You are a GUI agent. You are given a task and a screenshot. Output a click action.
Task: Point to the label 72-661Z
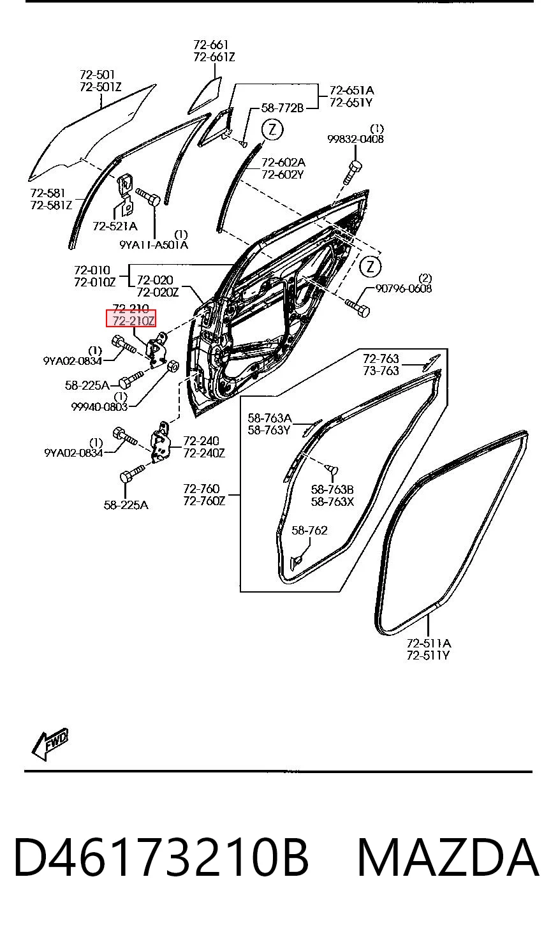click(214, 57)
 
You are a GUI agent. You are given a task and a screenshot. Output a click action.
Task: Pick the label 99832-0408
click(355, 139)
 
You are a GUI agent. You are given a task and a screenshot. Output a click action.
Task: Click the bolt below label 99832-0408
click(351, 172)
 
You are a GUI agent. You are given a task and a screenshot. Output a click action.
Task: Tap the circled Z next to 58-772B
click(272, 129)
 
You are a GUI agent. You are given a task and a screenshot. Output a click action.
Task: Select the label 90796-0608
click(404, 288)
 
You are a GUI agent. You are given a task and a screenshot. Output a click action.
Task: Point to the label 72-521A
click(115, 226)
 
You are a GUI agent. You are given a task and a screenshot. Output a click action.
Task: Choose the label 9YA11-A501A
click(154, 245)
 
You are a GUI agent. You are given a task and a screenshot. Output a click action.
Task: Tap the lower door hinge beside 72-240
click(161, 442)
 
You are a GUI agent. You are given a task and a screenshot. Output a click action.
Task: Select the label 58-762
click(309, 530)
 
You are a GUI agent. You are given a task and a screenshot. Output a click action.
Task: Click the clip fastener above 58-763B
click(332, 469)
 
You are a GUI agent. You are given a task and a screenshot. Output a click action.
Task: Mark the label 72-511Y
click(428, 656)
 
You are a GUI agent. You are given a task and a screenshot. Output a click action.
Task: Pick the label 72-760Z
click(204, 501)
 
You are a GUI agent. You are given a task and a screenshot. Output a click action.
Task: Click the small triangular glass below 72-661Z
click(205, 96)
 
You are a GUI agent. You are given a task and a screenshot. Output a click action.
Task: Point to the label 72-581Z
click(51, 205)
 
